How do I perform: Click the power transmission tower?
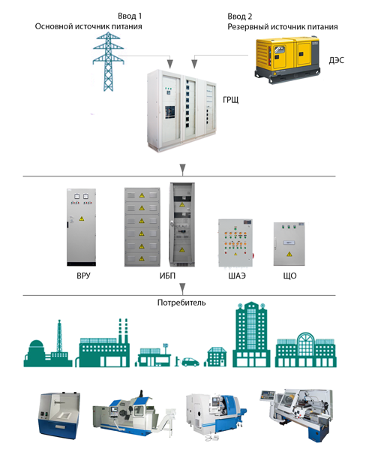pos(109,62)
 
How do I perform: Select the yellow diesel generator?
pos(287,59)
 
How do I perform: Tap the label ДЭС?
pos(336,60)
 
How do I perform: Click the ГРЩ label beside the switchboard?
pos(231,100)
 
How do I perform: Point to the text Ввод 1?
pos(130,17)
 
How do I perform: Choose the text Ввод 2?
pos(240,17)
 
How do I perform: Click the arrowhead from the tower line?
pos(170,64)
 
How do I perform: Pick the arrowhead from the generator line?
pos(194,64)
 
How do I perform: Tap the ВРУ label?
pos(83,276)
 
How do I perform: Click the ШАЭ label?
pos(237,276)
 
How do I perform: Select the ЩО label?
pos(289,276)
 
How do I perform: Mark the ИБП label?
pos(167,276)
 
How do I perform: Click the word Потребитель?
pos(181,303)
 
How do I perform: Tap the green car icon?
pos(190,362)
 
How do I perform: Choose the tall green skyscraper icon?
pos(251,334)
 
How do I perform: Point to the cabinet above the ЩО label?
pos(289,244)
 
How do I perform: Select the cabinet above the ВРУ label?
pos(81,227)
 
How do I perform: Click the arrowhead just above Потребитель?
pos(182,289)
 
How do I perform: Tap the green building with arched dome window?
pos(306,350)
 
